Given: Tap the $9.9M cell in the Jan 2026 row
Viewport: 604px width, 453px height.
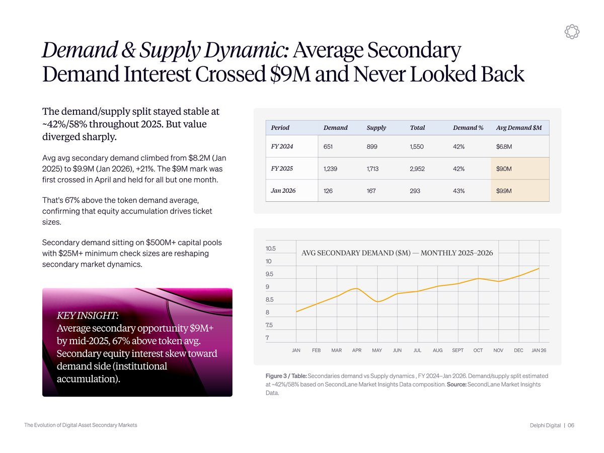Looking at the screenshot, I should coord(504,191).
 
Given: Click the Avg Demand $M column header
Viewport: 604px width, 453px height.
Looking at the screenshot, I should coord(519,128).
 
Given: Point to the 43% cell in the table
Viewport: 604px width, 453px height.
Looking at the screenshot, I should coord(459,191).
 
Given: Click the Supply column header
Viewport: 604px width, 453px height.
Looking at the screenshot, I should coord(376,128).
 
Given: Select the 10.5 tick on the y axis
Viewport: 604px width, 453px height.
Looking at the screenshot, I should coord(270,249).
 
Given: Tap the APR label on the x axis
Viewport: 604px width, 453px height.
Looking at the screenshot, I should coord(357,350).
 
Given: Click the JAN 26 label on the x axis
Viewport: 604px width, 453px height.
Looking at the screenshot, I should coord(539,350).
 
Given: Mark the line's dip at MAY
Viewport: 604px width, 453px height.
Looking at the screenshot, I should coord(379,301).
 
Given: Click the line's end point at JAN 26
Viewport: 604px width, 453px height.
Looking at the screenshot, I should coord(539,268).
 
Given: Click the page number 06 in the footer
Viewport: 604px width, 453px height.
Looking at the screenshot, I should coord(571,426).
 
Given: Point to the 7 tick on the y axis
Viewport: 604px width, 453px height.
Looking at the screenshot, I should coord(267,338).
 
